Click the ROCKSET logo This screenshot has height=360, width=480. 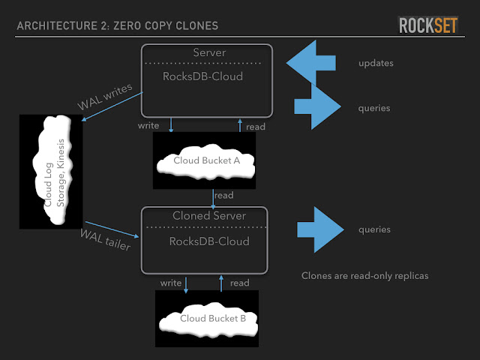(428, 25)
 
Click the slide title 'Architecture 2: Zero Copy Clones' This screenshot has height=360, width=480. (118, 25)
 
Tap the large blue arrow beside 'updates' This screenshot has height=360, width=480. (311, 63)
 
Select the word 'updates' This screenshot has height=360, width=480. (376, 63)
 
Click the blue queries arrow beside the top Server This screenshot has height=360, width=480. (318, 106)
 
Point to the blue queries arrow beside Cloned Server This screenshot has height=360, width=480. (320, 229)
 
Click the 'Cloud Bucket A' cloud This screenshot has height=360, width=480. (205, 161)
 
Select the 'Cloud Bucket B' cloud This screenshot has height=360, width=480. (208, 319)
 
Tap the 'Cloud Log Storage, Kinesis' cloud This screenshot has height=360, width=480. (52, 170)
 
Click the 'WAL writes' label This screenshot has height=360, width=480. (105, 97)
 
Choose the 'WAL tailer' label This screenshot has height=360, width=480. (105, 240)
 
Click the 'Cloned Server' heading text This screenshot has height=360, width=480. (209, 216)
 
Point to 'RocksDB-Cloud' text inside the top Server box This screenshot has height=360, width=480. (202, 76)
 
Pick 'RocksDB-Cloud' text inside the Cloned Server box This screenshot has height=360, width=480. (209, 241)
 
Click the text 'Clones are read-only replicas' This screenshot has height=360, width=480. (365, 276)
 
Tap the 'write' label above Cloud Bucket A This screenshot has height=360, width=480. (148, 125)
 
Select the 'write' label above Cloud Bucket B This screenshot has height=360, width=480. (171, 283)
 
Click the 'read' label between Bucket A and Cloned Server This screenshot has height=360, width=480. (224, 195)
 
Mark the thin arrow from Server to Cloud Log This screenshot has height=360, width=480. (112, 106)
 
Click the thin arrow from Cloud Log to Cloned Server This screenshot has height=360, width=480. (112, 229)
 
